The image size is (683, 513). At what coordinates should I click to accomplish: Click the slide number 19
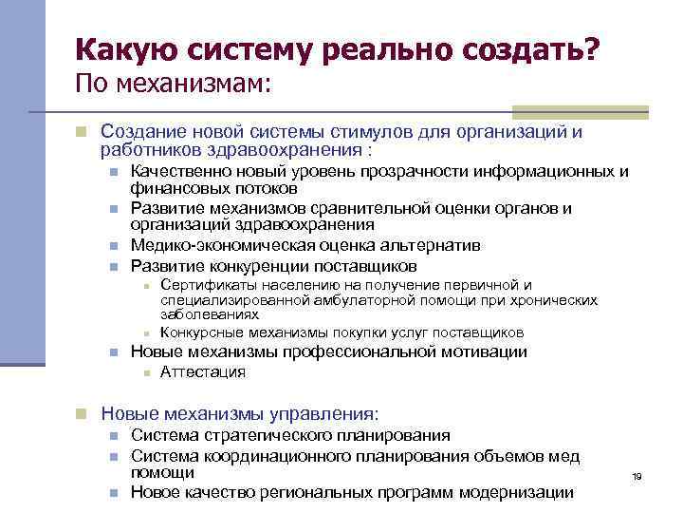point(637,476)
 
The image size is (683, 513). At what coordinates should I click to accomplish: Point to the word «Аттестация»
point(203,371)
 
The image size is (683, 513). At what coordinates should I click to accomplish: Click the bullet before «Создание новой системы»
point(83,131)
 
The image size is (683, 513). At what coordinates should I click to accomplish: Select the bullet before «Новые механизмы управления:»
point(83,413)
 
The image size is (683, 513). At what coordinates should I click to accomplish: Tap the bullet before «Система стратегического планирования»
point(113,436)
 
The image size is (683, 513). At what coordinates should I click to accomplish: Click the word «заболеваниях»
point(210,313)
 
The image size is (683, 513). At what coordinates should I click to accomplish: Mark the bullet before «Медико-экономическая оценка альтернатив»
point(113,246)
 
